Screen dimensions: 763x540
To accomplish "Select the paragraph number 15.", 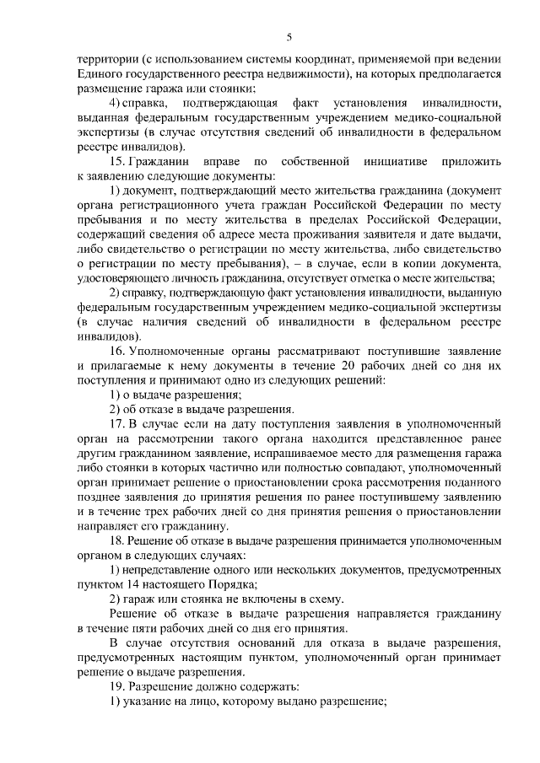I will click(118, 161).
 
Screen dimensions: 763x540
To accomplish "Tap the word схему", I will click(326, 599).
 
